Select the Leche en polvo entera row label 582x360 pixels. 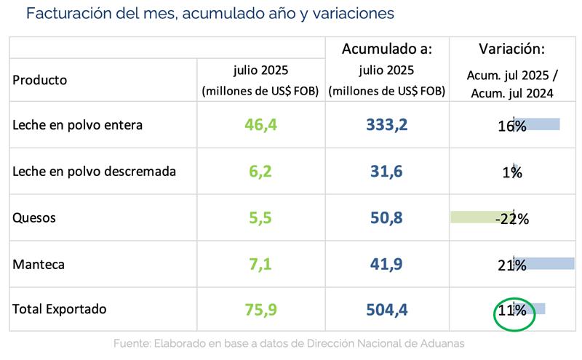tap(78, 125)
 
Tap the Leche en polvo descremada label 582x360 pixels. tap(95, 172)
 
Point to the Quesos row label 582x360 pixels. tap(34, 218)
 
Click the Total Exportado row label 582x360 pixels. tap(60, 309)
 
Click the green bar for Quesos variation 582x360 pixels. tap(480, 217)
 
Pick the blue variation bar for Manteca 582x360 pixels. tap(546, 263)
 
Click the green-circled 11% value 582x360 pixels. tap(512, 310)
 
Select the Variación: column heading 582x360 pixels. tap(512, 49)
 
